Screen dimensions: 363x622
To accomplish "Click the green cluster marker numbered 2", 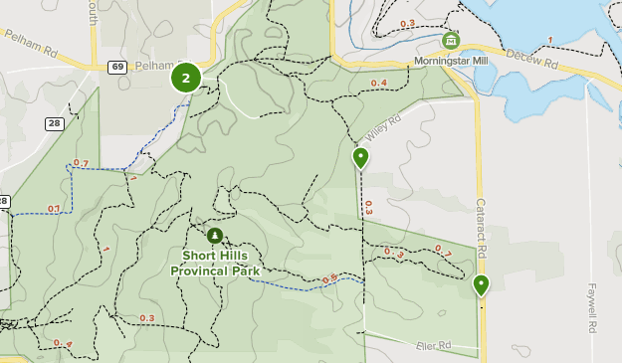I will (186, 77).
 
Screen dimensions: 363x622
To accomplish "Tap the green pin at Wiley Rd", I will (360, 157).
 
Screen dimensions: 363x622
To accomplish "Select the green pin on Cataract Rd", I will (482, 285).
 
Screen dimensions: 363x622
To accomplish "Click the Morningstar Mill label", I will (451, 61).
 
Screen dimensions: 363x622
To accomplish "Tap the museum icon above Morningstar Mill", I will (451, 41).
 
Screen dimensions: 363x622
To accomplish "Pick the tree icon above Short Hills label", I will (215, 236).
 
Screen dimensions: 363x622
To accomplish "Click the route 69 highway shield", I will (117, 67).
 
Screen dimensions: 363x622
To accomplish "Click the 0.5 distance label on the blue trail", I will (329, 278).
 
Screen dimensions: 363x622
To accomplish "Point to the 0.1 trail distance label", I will (54, 209).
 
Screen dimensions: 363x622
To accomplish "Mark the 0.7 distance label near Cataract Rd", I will (442, 251).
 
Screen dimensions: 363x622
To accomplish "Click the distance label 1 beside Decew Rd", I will (549, 41).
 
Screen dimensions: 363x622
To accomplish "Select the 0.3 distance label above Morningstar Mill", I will (407, 23).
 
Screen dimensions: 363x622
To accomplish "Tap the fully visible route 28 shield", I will (54, 122).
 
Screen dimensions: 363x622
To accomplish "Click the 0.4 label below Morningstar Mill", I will (378, 83).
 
